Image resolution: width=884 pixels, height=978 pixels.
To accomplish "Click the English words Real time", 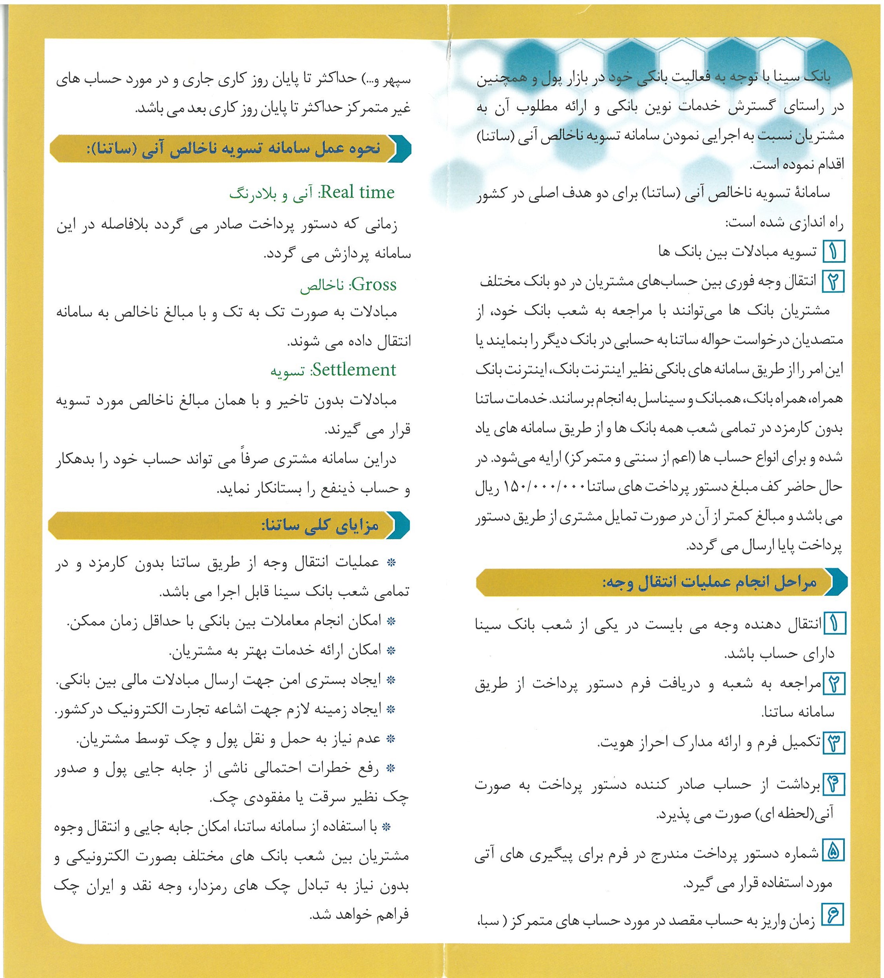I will coord(357,193).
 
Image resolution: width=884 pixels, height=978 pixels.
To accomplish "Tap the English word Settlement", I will coord(353,370).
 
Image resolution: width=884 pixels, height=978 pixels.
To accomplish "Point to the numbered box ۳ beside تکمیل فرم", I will coord(833,743).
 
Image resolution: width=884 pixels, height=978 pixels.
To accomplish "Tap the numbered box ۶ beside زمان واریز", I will coord(833,915).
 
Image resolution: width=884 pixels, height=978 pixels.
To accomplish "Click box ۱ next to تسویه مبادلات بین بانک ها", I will coord(833,252).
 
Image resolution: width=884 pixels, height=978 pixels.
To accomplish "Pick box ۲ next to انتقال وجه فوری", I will coord(833,281).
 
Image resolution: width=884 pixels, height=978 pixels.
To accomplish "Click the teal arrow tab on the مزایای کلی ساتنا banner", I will coord(400,525).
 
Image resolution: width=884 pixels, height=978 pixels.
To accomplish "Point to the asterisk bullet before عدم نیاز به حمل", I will coord(390,739).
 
